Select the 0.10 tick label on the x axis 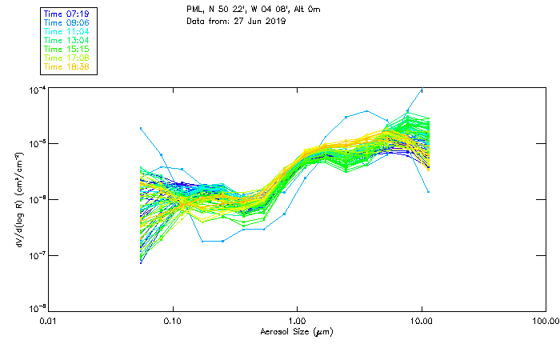click(173, 320)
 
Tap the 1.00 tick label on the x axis click(297, 320)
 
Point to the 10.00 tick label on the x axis click(421, 320)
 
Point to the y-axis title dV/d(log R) click(18, 198)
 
